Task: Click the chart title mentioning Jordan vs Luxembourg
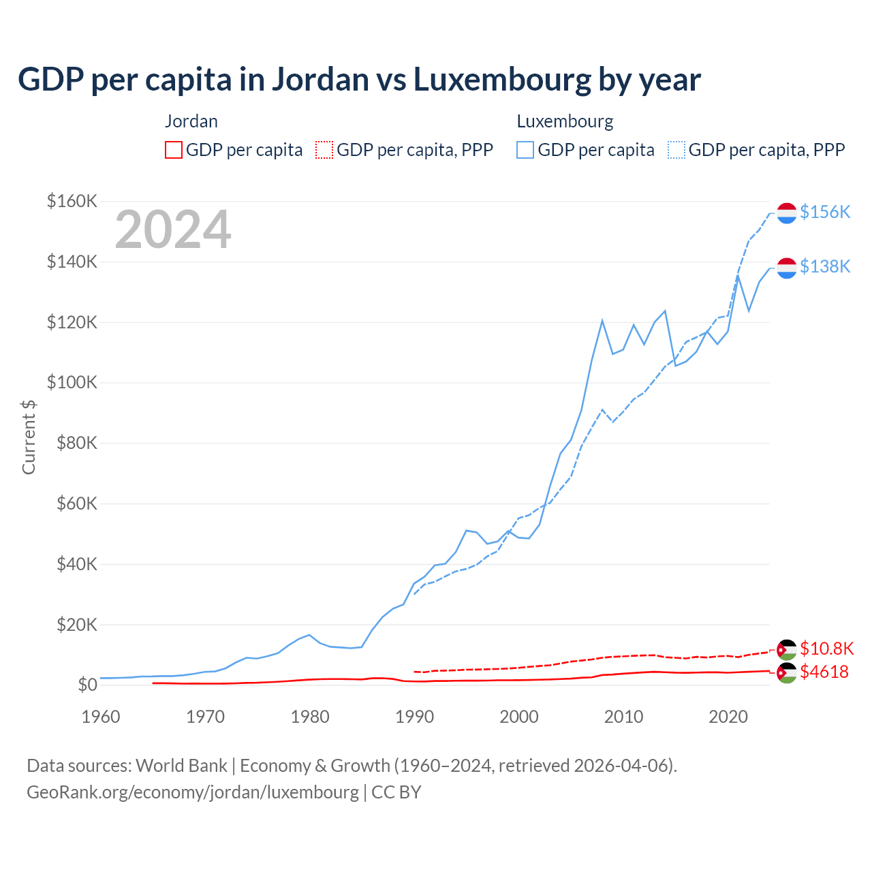pos(359,80)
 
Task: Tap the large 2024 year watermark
pos(173,230)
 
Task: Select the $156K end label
pos(825,212)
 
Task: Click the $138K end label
pos(825,266)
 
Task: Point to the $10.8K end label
pos(826,649)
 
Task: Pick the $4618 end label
pos(824,672)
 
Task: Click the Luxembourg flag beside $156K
pos(787,213)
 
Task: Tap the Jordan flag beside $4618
pos(787,673)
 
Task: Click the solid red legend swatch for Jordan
pos(174,150)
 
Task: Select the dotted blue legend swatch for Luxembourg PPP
pos(676,150)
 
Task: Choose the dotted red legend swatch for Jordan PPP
pos(324,150)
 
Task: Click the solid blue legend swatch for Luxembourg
pos(525,150)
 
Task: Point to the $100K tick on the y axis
pos(72,382)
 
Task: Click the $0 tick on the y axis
pos(87,685)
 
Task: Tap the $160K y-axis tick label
pos(72,201)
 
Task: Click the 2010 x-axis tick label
pos(624,717)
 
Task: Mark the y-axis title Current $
pos(29,437)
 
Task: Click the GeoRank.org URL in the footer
pos(193,792)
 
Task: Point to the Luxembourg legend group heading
pos(565,121)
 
